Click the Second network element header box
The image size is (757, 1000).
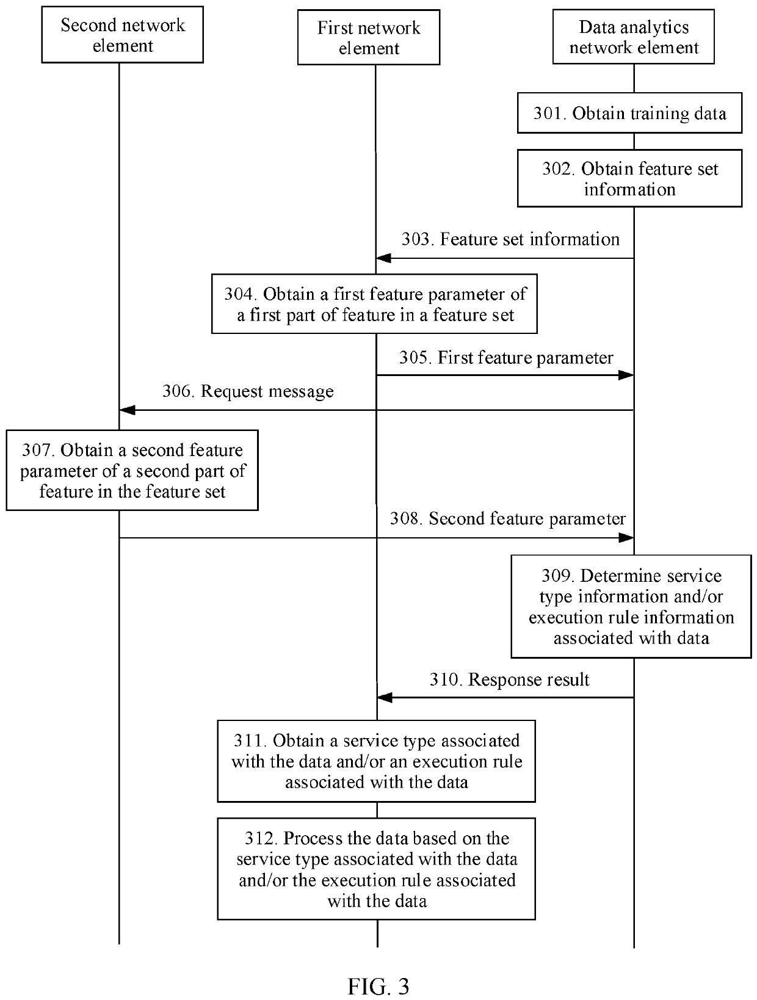point(122,35)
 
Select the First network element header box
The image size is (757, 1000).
point(369,37)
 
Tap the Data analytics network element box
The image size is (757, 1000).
point(633,37)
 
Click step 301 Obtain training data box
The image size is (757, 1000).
point(629,113)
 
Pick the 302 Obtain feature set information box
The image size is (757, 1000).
point(629,178)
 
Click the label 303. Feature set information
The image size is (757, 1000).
point(510,239)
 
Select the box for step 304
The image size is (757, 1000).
point(374,304)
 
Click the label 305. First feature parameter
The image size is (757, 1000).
point(506,358)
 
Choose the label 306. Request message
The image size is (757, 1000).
point(248,391)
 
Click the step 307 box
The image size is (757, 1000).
point(132,470)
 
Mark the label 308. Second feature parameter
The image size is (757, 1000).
point(507,519)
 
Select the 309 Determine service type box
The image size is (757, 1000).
point(631,606)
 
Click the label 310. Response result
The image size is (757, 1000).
point(509,679)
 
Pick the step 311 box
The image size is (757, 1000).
point(376,761)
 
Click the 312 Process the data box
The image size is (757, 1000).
point(376,869)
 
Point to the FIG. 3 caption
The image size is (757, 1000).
point(378,987)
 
